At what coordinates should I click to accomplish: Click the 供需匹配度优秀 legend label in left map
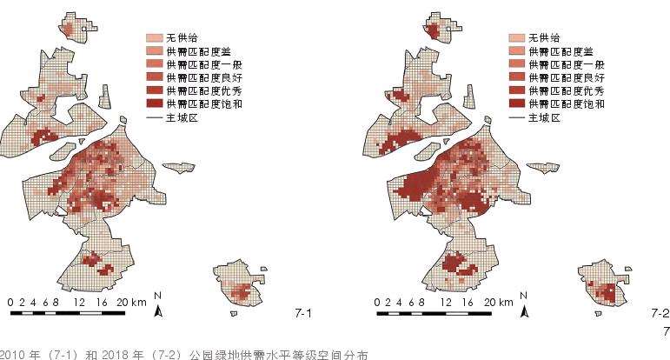tap(192, 90)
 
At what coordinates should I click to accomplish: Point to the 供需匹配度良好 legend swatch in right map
tap(516, 77)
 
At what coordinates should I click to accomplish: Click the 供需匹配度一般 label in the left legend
tap(192, 64)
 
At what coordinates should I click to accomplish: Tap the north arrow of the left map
tap(158, 305)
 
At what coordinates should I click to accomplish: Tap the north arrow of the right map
tap(524, 305)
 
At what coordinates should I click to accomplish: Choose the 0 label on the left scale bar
tap(10, 302)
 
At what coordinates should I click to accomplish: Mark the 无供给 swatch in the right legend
tap(516, 38)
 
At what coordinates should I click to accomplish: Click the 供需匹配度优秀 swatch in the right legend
tap(516, 90)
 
